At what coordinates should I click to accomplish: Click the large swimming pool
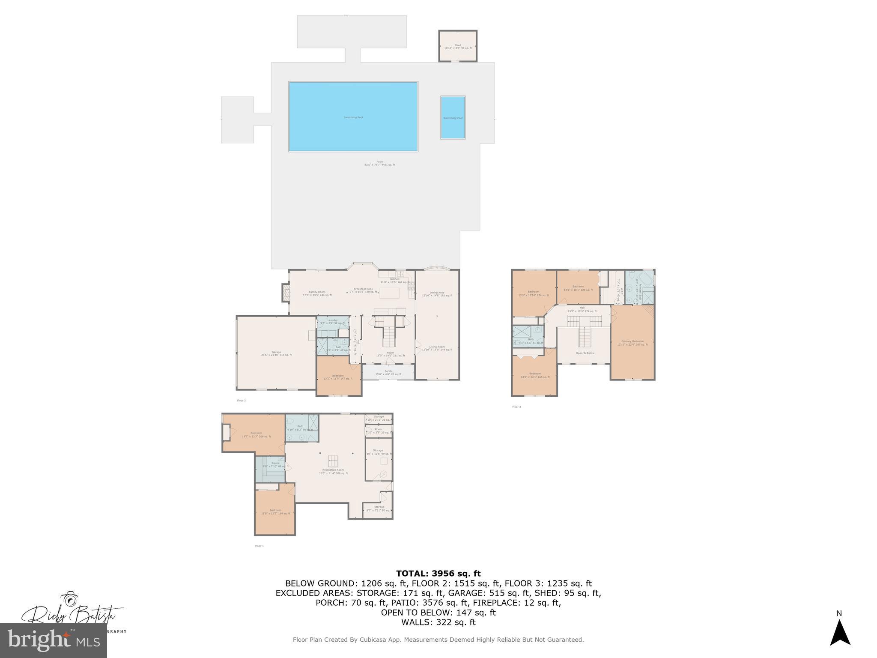coord(353,117)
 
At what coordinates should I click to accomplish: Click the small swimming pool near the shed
coord(453,117)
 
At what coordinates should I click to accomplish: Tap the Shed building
coord(457,46)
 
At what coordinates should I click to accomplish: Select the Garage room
coord(276,353)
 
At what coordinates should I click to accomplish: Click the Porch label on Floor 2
coord(388,371)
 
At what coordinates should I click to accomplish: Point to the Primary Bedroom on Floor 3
coord(632,342)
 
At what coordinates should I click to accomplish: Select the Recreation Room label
coord(333,470)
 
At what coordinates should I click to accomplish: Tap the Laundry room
coord(332,321)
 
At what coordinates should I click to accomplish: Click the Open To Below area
coord(585,353)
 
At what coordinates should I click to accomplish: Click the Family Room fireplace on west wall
coord(286,293)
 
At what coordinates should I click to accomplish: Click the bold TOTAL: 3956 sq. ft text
coord(438,574)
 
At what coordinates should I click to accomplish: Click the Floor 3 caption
coord(516,407)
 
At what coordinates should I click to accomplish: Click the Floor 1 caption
coord(260,546)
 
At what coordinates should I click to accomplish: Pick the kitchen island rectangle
coord(389,293)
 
